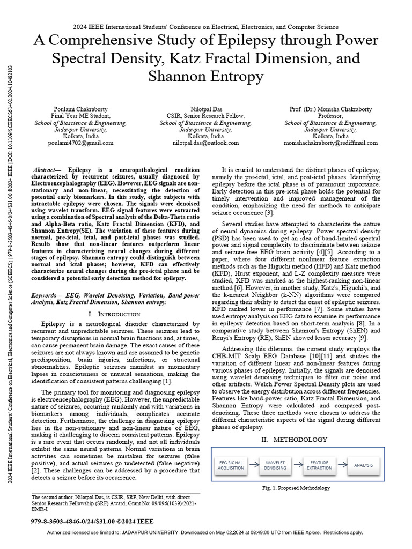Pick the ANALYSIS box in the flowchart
point(363,464)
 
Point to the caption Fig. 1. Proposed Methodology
point(296,488)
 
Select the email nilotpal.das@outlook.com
point(206,143)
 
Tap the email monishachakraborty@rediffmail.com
point(333,143)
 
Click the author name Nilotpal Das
point(206,108)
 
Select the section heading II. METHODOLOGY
point(293,440)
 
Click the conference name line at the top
point(206,26)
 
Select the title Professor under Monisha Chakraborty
point(333,115)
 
